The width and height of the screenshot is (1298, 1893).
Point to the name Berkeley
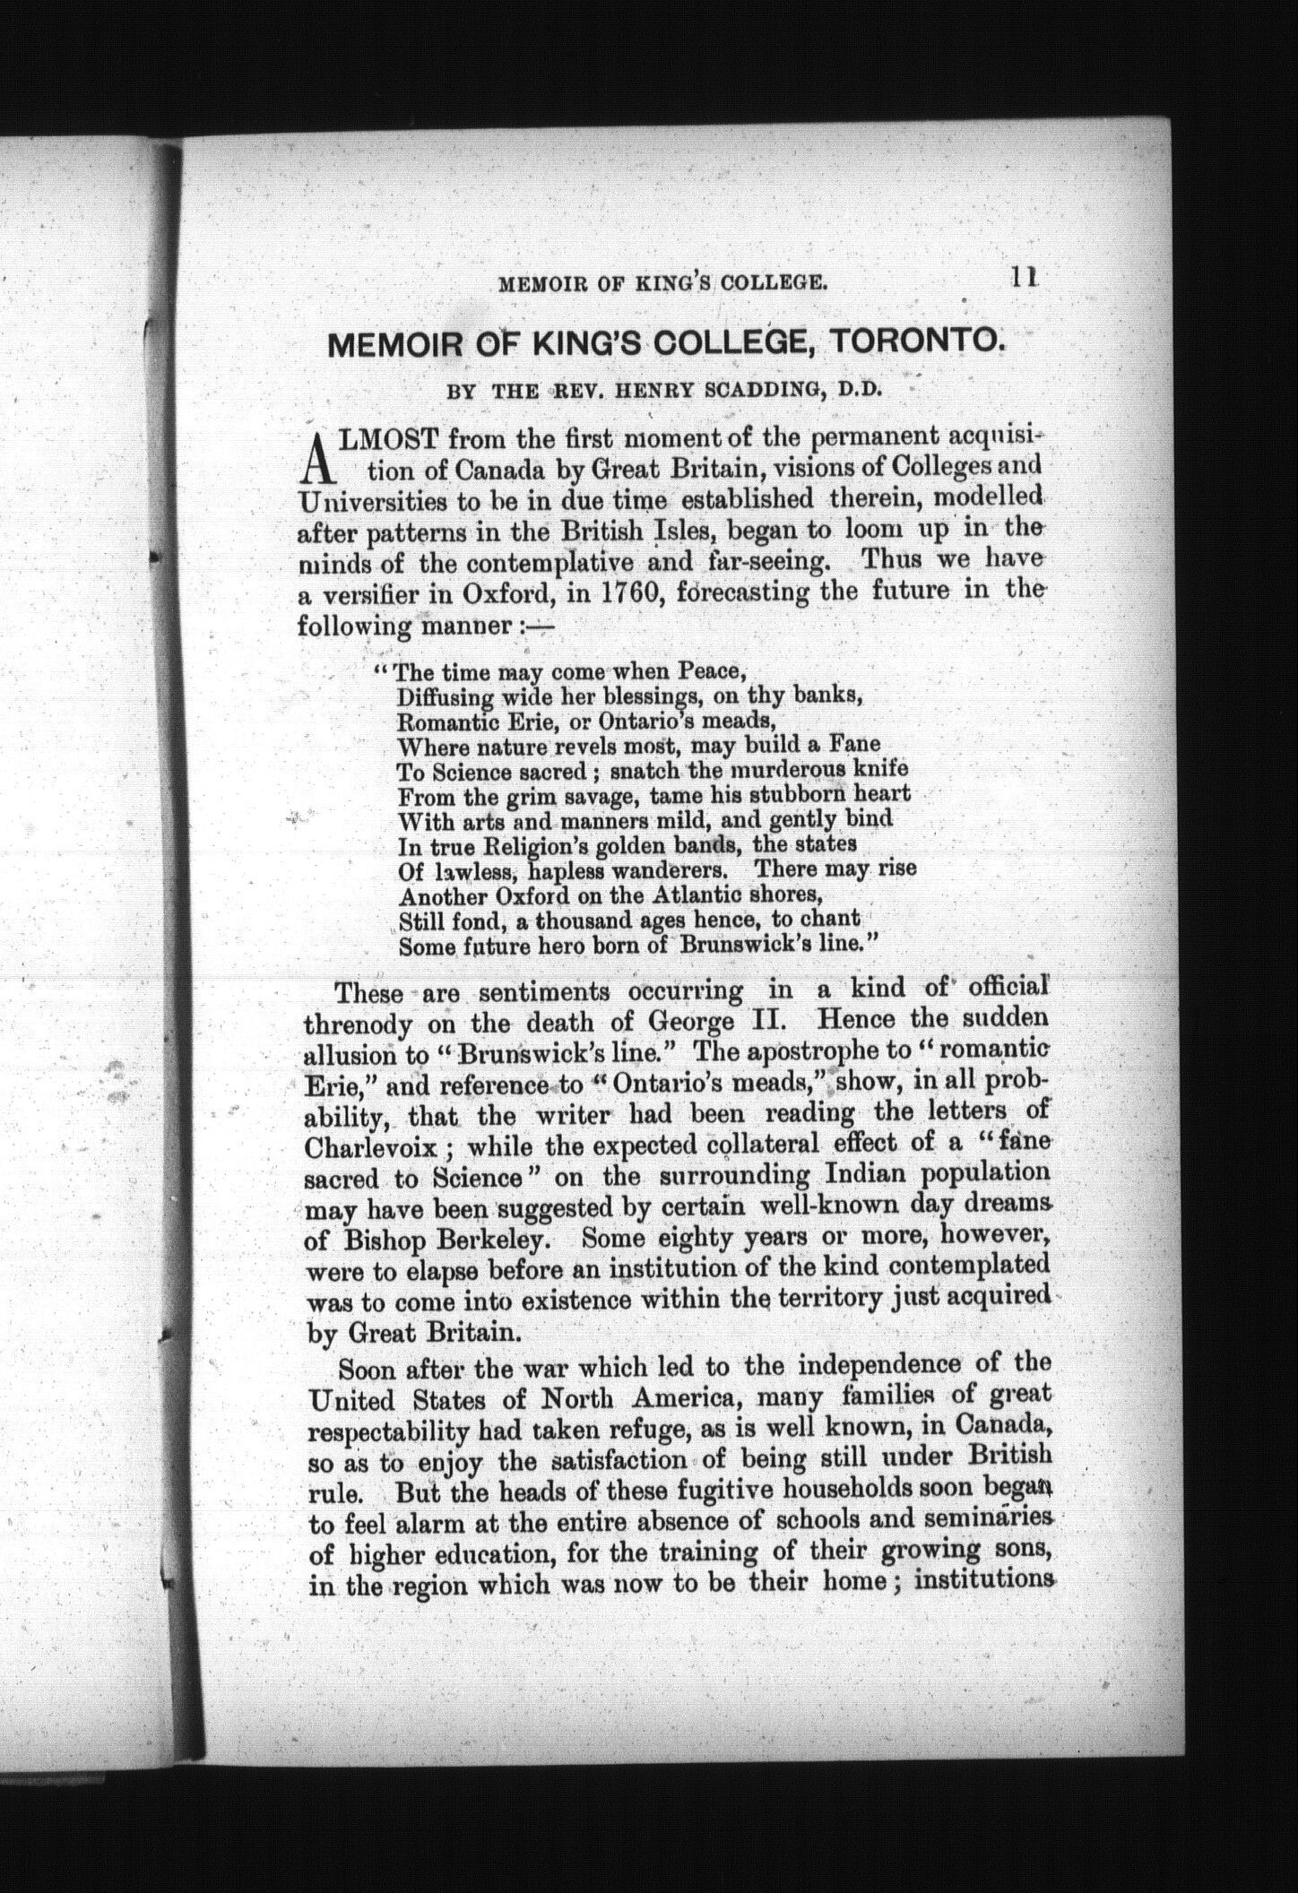(488, 1239)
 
